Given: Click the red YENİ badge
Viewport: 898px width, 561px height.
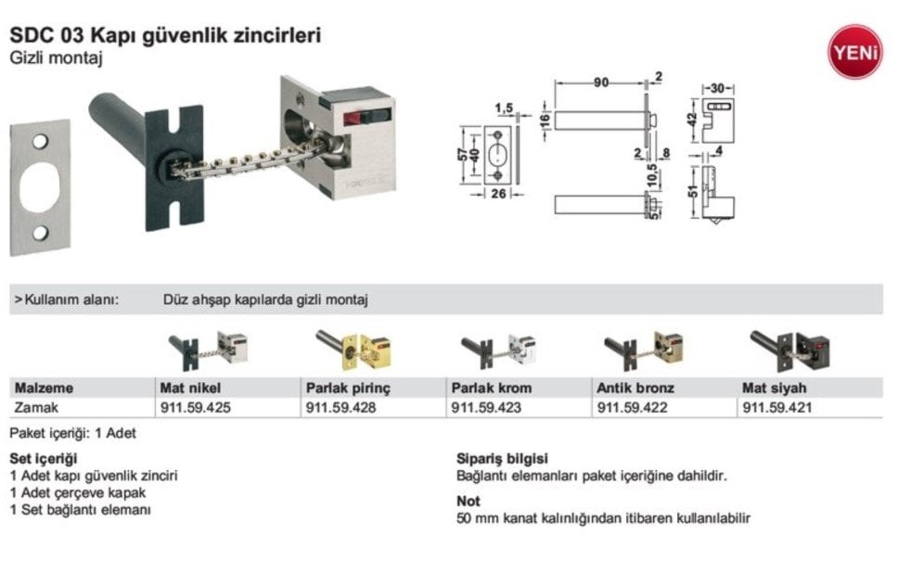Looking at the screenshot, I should point(854,51).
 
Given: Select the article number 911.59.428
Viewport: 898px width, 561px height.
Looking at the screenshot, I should point(340,406).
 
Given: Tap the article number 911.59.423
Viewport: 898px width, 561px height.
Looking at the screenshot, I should point(486,406).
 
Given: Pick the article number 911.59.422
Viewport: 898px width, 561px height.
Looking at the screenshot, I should point(633,406).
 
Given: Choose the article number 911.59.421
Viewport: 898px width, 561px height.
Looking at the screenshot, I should point(778,406).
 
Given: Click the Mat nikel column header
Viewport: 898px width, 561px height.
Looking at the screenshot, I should point(190,388).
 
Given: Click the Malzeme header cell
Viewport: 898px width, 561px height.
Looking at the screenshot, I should point(43,388).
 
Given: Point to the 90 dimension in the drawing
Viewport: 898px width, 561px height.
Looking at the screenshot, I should point(601,83).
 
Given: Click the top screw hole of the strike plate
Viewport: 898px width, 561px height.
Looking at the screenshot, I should point(40,142).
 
